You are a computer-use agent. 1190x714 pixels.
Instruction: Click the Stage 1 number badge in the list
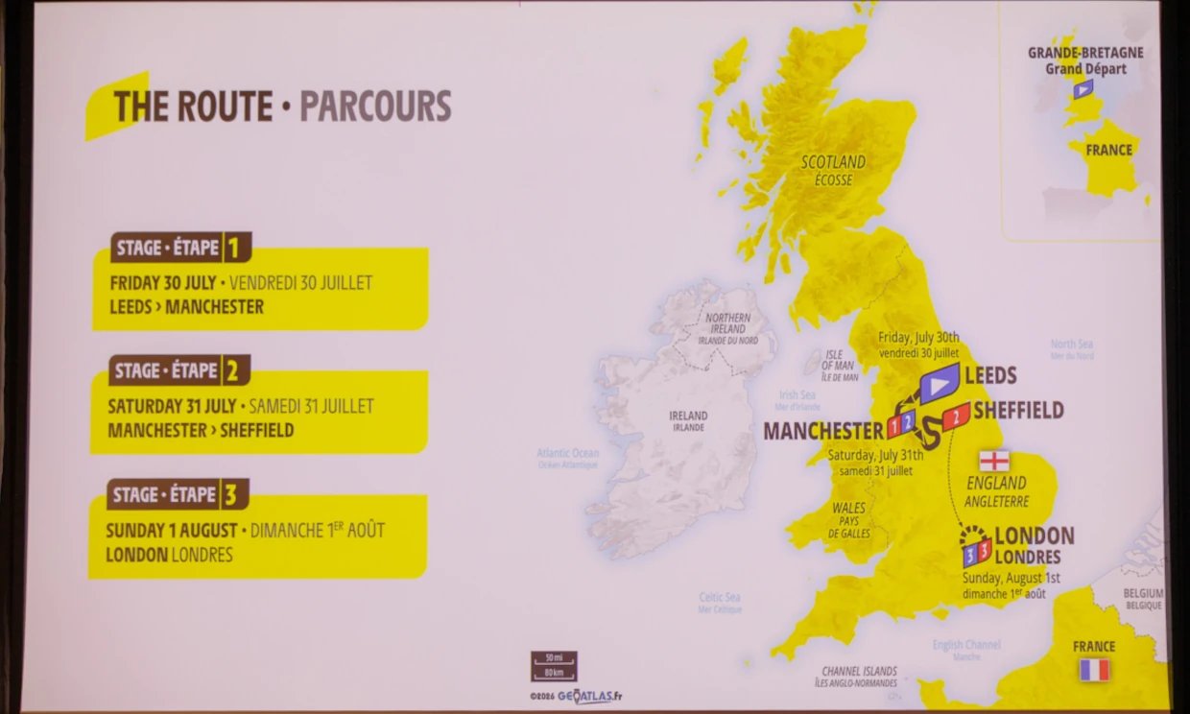tap(233, 249)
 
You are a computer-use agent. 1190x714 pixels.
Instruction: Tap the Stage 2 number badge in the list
tap(232, 370)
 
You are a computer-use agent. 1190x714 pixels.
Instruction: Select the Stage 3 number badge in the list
tap(230, 495)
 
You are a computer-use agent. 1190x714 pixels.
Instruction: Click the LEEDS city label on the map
tap(990, 375)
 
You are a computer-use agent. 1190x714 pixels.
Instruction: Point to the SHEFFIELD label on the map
tap(1018, 411)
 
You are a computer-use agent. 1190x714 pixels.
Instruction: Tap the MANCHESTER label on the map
tap(822, 431)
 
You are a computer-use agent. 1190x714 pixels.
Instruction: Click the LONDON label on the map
tap(1034, 535)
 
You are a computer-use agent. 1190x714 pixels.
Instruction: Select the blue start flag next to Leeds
tap(940, 383)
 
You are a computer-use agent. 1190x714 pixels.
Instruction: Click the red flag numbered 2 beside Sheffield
tap(955, 416)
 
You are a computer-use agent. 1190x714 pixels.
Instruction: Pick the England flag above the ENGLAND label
tap(993, 461)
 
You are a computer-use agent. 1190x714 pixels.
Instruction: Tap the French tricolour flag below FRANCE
tap(1093, 670)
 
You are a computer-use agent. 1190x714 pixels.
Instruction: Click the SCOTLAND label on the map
tap(833, 162)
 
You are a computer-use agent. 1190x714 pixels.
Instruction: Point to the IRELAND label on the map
tap(688, 416)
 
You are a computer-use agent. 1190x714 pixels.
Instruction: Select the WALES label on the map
tap(848, 508)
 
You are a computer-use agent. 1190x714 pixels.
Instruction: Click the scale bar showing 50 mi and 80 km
tap(554, 665)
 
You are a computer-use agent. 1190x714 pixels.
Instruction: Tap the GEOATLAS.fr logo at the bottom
tap(588, 697)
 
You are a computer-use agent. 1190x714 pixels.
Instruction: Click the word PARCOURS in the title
tap(375, 107)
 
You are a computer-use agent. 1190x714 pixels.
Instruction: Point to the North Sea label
tap(1071, 344)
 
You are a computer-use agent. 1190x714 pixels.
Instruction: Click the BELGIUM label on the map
tap(1143, 594)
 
